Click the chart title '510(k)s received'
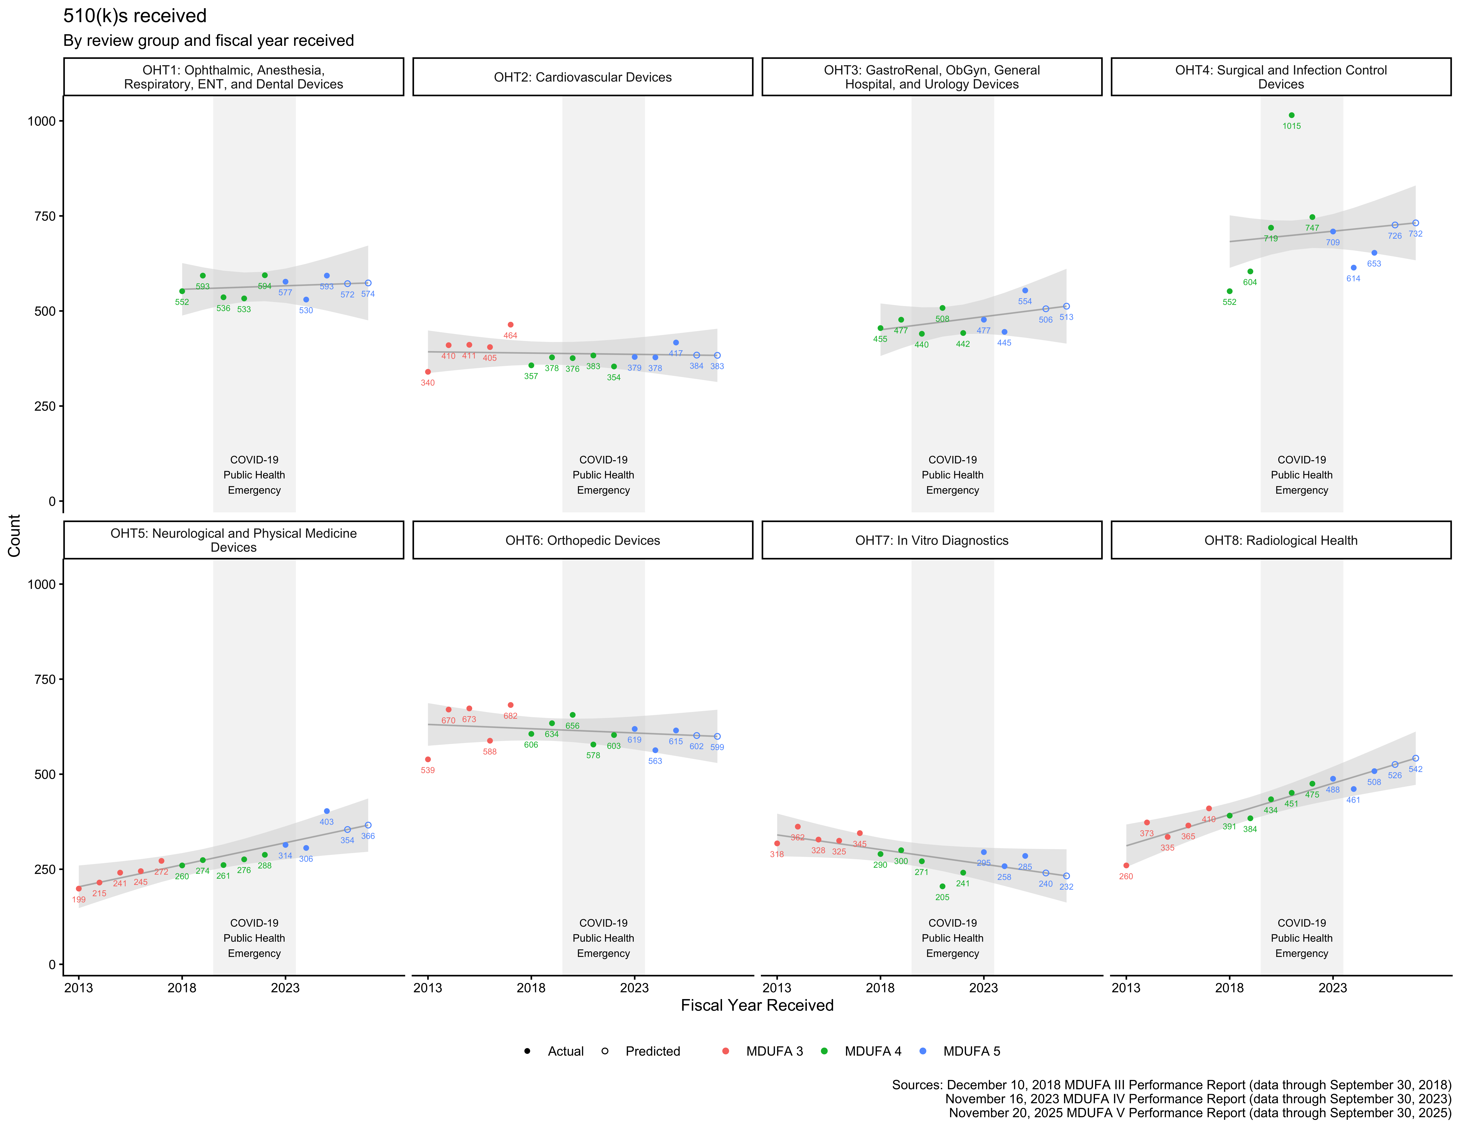(134, 16)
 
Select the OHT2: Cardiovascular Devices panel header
(582, 77)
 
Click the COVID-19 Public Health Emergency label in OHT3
(952, 474)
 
